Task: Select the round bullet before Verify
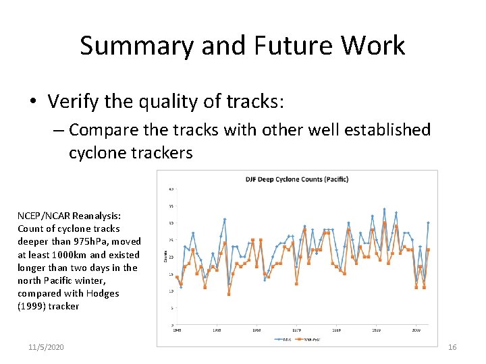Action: click(x=32, y=102)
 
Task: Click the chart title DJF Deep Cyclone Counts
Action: click(x=296, y=179)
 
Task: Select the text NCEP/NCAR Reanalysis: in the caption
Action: click(x=69, y=216)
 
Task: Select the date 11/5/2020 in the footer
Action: click(x=47, y=346)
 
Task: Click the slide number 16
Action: click(x=452, y=346)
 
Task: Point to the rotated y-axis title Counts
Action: click(x=167, y=257)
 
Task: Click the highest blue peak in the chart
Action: click(x=384, y=210)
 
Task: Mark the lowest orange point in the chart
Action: click(x=229, y=294)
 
